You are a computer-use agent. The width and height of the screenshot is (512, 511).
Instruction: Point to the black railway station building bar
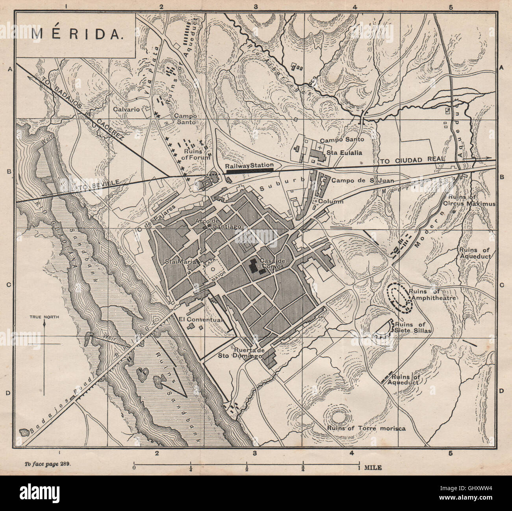tap(249, 171)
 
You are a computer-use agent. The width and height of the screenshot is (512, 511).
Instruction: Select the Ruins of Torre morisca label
tap(366, 428)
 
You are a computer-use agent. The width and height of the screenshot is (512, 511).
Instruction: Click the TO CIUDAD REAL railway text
tap(412, 161)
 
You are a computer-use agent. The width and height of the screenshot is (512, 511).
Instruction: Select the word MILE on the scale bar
tap(372, 468)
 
